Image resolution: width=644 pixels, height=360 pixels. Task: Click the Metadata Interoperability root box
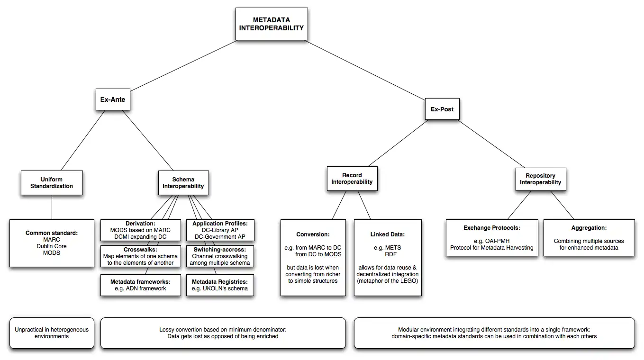[272, 24]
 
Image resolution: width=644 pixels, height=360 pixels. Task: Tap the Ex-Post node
[442, 109]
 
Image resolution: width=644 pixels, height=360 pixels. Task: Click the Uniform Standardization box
[52, 183]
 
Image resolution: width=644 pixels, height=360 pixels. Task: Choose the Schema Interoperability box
[183, 183]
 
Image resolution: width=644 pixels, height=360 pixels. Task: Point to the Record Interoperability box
[352, 179]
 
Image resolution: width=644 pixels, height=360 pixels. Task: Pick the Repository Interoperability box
[540, 179]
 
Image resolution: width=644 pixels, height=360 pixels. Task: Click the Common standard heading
[52, 233]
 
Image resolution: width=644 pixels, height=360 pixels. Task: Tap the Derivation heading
[141, 224]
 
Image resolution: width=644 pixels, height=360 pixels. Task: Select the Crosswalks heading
[140, 249]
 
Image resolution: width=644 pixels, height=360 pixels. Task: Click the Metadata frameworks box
[140, 285]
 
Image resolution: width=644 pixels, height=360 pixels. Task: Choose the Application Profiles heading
[220, 224]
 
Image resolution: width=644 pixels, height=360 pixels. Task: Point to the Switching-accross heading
[220, 249]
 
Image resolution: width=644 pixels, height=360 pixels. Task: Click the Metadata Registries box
[220, 285]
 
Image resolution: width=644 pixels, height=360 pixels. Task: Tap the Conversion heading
[313, 234]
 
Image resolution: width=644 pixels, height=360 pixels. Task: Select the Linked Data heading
[388, 234]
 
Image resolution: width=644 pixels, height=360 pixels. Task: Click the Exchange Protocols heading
[492, 228]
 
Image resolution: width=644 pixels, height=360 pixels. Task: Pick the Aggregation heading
[589, 228]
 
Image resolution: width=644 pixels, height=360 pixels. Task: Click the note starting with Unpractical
[52, 333]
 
